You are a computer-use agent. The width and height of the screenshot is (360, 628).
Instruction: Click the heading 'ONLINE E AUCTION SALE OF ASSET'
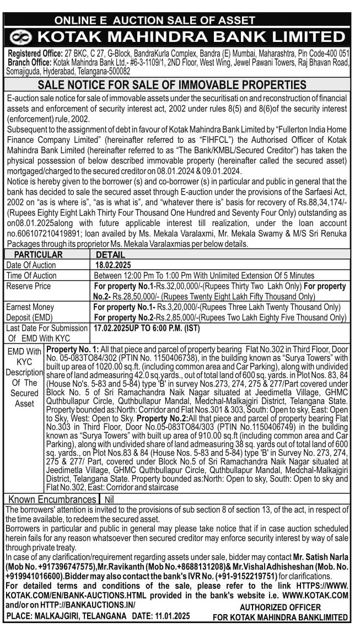tap(155, 20)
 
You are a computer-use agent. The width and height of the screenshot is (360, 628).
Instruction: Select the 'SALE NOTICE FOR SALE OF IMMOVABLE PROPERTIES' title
tap(171, 85)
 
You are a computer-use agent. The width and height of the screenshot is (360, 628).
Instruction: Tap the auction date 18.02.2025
tap(111, 265)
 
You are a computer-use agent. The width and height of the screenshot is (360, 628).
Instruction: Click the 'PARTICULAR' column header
tap(39, 255)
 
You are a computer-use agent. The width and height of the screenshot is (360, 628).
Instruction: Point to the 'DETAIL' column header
tap(110, 255)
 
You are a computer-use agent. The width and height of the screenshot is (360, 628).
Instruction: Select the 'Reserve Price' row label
tap(29, 286)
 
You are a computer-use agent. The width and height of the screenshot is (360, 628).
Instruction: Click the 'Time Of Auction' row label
tap(31, 276)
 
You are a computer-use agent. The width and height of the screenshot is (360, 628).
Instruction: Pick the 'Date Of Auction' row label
tap(31, 265)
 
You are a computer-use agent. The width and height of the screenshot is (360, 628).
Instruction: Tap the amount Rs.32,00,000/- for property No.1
tap(181, 287)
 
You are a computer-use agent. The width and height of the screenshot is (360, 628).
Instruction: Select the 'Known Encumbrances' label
tap(52, 500)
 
